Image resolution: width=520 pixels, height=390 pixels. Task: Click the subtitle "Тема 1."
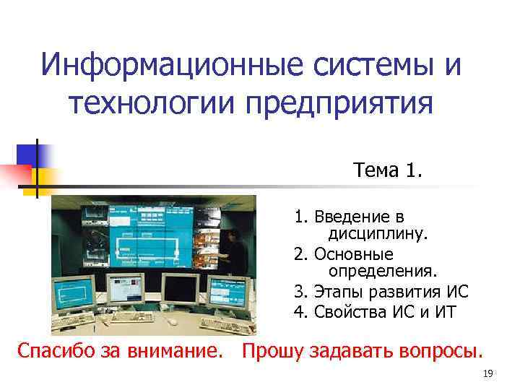coord(389,170)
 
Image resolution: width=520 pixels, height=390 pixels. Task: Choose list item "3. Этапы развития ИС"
coord(381,292)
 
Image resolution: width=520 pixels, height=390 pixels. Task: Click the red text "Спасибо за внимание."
coord(119,352)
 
